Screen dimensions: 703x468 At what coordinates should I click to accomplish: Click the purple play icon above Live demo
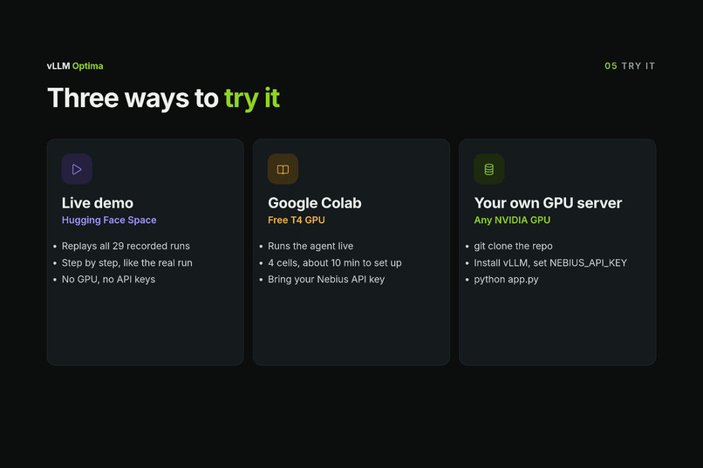[x=77, y=169]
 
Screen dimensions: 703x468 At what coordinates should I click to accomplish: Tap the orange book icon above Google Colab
[x=283, y=169]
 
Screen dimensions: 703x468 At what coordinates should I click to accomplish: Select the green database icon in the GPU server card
[x=489, y=169]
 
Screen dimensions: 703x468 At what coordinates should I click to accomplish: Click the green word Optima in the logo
[x=88, y=66]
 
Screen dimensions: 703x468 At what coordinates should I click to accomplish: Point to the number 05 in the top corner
[x=611, y=66]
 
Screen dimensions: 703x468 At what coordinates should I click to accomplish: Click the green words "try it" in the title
[x=252, y=98]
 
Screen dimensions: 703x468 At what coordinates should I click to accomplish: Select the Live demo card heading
[x=98, y=203]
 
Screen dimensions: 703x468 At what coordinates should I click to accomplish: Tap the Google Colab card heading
[x=315, y=203]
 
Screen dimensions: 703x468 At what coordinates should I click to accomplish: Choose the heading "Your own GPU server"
[x=548, y=203]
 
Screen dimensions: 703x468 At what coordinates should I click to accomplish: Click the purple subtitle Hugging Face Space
[x=109, y=220]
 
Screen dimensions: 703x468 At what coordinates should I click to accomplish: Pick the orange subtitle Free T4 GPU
[x=297, y=220]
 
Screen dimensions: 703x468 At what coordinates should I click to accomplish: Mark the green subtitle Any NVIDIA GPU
[x=512, y=220]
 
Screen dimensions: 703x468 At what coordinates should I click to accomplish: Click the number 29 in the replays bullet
[x=118, y=246]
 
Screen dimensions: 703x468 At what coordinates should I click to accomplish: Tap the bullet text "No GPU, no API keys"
[x=108, y=280]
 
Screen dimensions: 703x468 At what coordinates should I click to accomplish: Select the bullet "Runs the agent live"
[x=311, y=247]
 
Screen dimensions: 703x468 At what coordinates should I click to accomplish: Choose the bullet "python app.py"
[x=506, y=280]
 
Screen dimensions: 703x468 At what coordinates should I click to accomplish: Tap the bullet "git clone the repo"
[x=514, y=247]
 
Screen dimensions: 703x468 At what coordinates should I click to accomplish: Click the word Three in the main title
[x=83, y=98]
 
